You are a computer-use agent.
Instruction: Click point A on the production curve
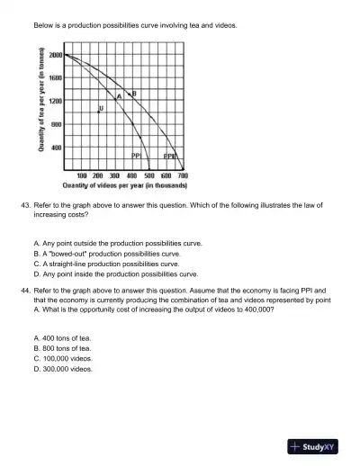tap(119, 96)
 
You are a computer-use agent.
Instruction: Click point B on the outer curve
tap(133, 94)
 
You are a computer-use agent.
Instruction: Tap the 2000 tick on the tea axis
tap(55, 56)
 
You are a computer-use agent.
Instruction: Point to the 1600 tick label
tap(55, 78)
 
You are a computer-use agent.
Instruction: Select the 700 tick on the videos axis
tap(183, 176)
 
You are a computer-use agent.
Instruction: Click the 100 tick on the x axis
tap(82, 176)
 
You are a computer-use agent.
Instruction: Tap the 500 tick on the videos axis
tap(149, 176)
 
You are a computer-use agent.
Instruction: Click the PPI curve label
tap(137, 156)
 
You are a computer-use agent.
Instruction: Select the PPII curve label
tap(169, 156)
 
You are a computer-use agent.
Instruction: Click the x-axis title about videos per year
tap(124, 185)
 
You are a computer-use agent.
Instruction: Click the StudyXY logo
tap(317, 445)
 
